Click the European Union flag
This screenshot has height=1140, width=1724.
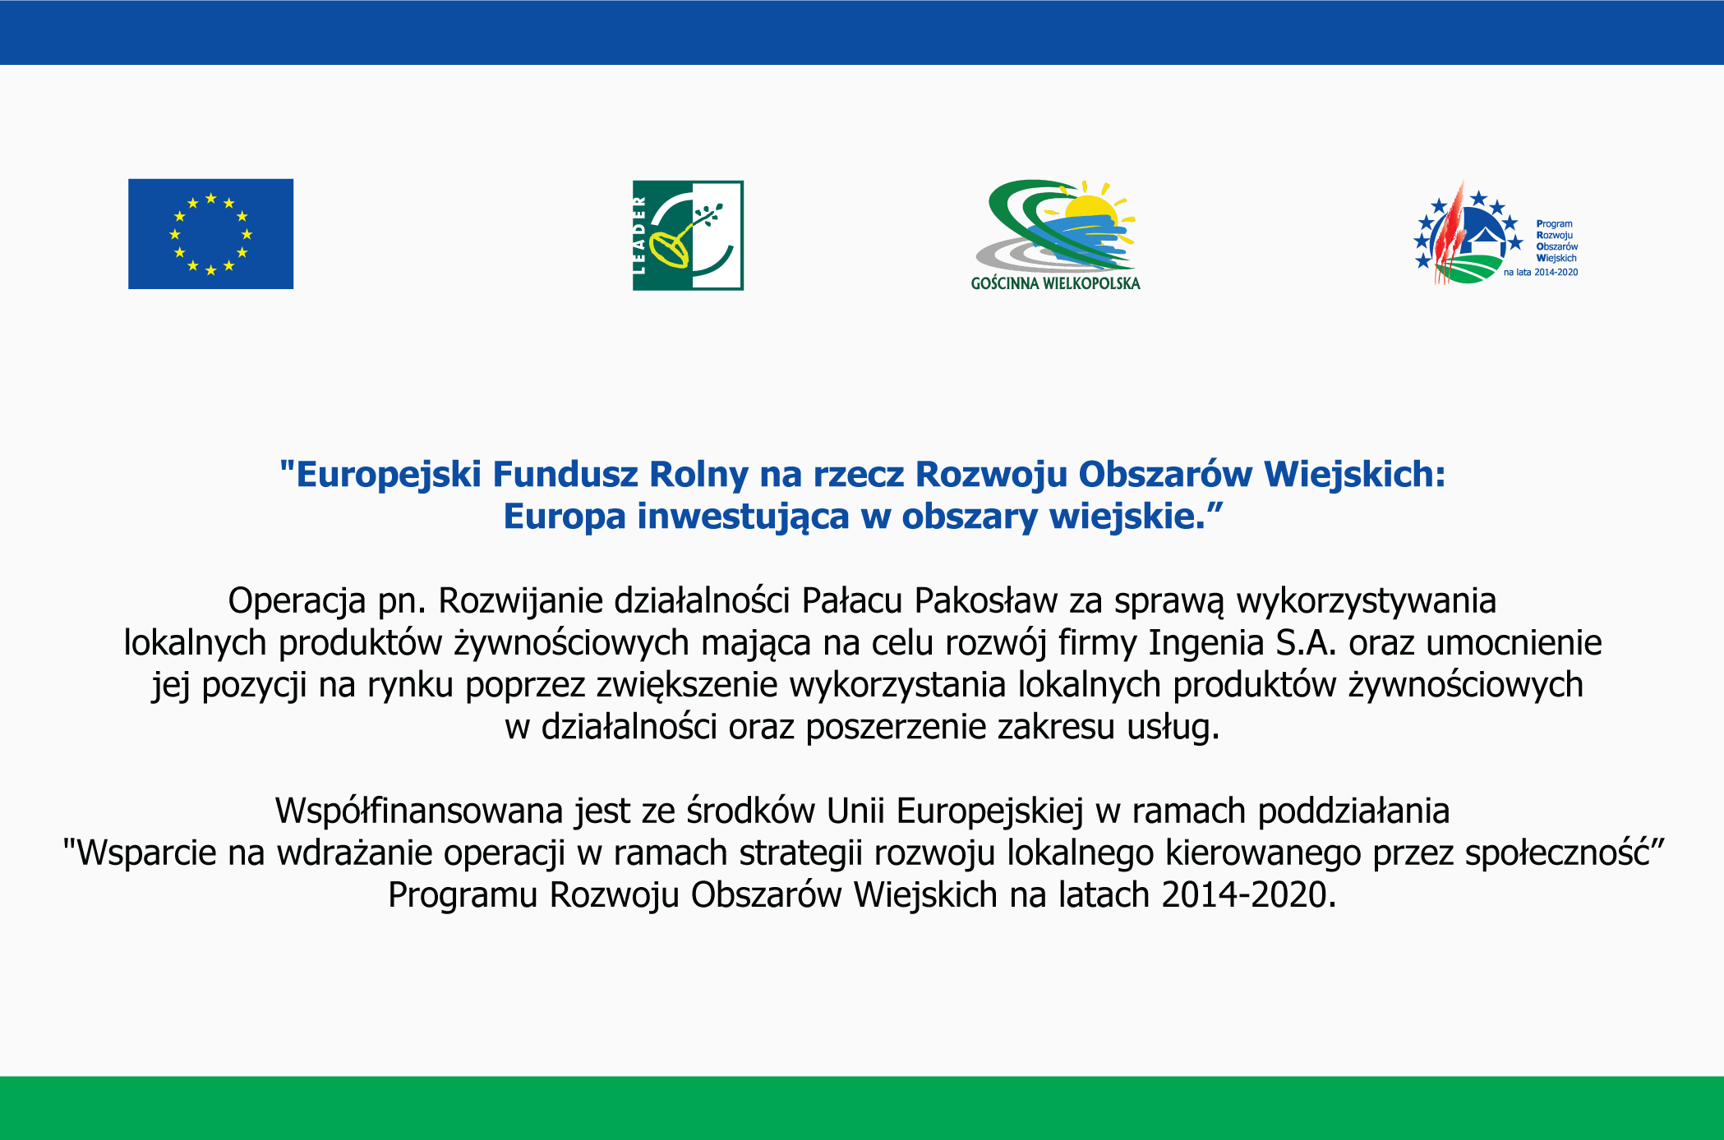(210, 234)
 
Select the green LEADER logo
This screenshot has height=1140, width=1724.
(688, 235)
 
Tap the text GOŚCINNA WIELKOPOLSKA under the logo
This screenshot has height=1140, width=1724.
(1055, 283)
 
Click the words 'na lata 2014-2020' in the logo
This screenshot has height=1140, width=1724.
(1541, 272)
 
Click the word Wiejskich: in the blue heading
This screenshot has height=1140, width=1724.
(1354, 476)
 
